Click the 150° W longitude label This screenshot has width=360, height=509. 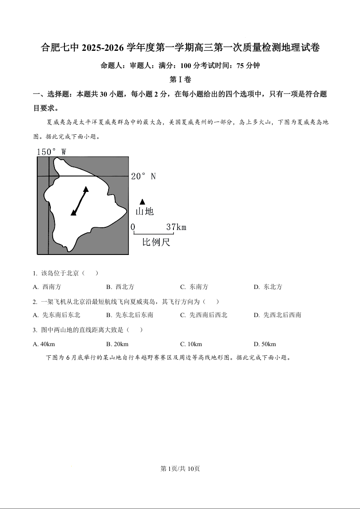tap(51, 152)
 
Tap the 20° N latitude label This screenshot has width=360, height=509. tap(143, 176)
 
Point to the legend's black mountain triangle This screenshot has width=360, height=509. tap(143, 201)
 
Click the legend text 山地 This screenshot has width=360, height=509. tap(144, 211)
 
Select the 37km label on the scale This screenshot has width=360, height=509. tap(176, 227)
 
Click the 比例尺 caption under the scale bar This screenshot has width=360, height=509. tap(156, 242)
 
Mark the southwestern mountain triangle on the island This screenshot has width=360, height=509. tap(74, 212)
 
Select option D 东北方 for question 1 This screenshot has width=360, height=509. tap(268, 287)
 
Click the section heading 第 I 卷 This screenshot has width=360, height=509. tap(180, 80)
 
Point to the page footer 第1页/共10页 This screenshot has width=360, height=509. tap(180, 469)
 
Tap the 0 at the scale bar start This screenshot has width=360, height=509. tap(133, 227)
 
